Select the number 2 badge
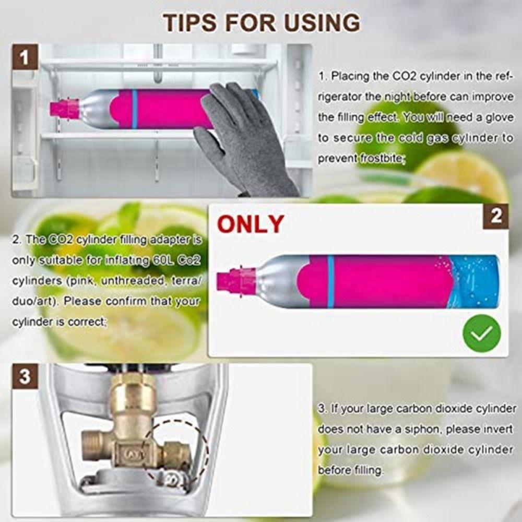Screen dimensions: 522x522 pos(495,216)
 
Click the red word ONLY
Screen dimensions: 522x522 pos(251,224)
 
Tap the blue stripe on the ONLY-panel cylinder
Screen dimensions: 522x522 pos(330,281)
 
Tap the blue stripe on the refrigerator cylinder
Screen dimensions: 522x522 pos(135,109)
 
